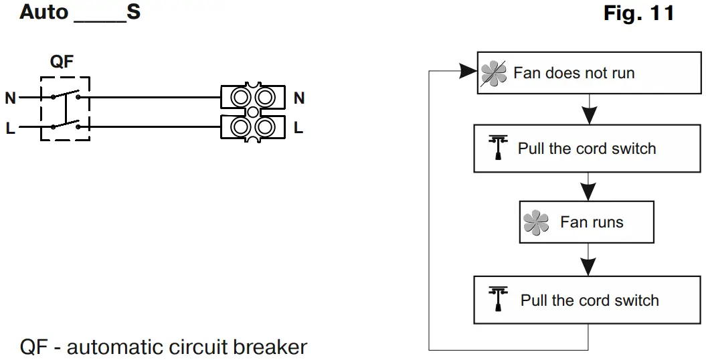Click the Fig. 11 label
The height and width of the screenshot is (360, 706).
[639, 13]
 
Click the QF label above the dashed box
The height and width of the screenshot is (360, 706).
[62, 61]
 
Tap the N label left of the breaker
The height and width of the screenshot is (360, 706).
[10, 98]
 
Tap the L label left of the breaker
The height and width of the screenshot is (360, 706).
[10, 128]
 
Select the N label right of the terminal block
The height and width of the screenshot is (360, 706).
[299, 98]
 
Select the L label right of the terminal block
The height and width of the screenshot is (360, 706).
[298, 128]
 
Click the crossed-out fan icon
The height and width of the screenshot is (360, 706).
[493, 74]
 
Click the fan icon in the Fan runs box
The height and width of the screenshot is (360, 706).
[536, 222]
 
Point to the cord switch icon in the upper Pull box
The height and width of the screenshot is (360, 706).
[498, 148]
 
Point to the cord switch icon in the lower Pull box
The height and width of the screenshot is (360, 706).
[498, 299]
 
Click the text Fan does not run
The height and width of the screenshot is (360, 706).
[574, 73]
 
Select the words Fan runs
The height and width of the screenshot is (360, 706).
[592, 222]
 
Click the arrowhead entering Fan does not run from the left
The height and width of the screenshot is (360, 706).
[468, 71]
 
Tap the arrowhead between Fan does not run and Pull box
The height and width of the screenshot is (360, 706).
[588, 115]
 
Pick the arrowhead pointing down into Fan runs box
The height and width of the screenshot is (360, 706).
[588, 191]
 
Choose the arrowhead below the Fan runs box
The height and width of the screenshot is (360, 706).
[588, 267]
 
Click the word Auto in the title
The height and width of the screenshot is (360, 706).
[44, 12]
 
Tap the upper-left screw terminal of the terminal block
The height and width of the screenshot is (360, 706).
[240, 97]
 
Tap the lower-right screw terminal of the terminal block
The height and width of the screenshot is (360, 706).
[265, 127]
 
